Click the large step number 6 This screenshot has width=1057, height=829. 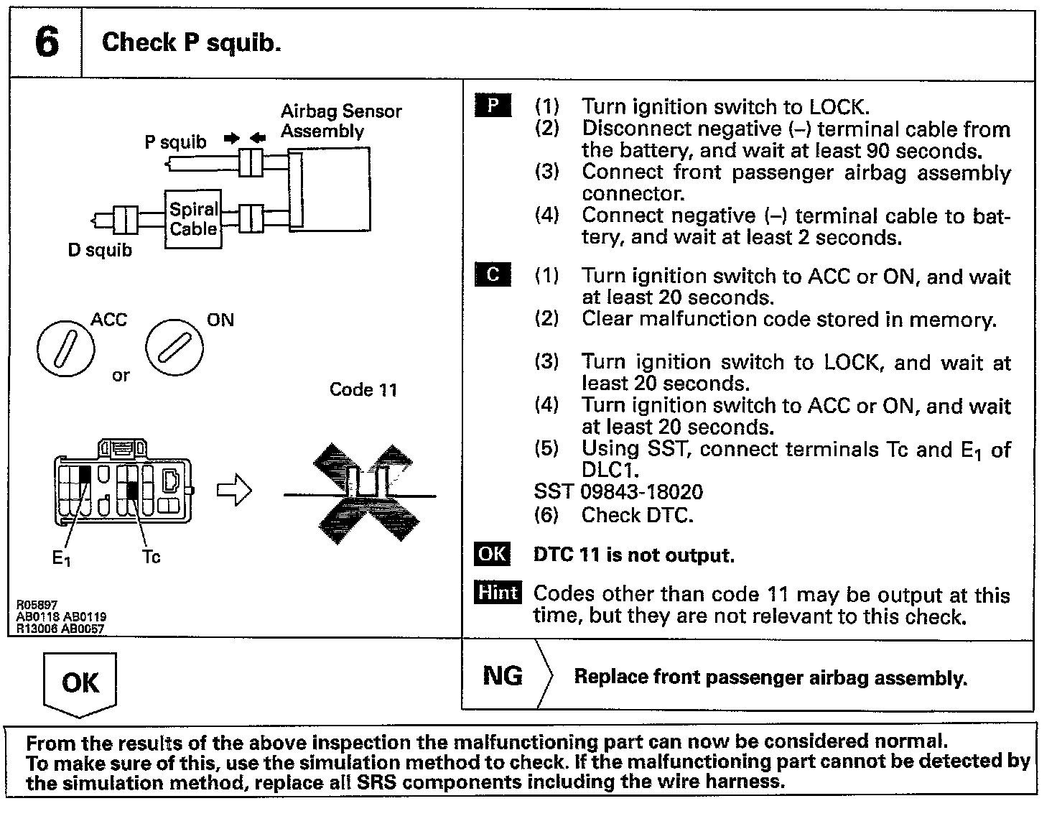pyautogui.click(x=47, y=42)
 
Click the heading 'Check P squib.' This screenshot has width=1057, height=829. pyautogui.click(x=191, y=42)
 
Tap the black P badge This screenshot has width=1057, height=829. pyautogui.click(x=493, y=106)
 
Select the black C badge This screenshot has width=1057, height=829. pyautogui.click(x=493, y=275)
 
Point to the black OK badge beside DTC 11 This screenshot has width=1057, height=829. pyautogui.click(x=493, y=555)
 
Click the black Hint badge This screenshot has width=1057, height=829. pyautogui.click(x=497, y=593)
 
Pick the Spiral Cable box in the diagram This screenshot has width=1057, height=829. pyautogui.click(x=193, y=219)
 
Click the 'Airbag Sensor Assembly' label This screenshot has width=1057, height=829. pyautogui.click(x=341, y=121)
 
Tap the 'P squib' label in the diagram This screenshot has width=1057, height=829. pyautogui.click(x=175, y=142)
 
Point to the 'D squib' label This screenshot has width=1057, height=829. pyautogui.click(x=100, y=251)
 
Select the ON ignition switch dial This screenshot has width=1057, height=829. pyautogui.click(x=174, y=348)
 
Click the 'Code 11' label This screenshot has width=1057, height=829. pyautogui.click(x=363, y=389)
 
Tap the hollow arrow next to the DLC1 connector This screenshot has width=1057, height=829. pyautogui.click(x=234, y=492)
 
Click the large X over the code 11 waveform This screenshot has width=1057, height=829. pyautogui.click(x=366, y=494)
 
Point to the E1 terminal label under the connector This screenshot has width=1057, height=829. pyautogui.click(x=62, y=557)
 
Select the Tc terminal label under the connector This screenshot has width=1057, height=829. pyautogui.click(x=151, y=557)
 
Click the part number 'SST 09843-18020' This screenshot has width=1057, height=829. pyautogui.click(x=618, y=492)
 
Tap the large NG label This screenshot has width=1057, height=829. pyautogui.click(x=503, y=675)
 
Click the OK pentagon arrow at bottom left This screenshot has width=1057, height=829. pyautogui.click(x=80, y=683)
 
